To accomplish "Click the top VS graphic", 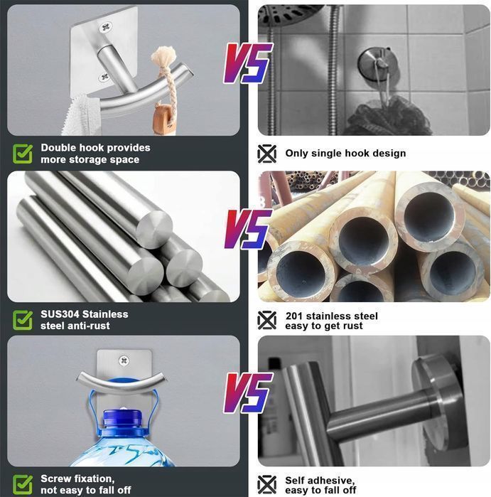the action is [x=247, y=63].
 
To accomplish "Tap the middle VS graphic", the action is [x=247, y=229].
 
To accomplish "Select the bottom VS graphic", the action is [x=247, y=392].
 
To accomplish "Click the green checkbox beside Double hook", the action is [x=23, y=154].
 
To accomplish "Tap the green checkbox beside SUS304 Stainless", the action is [x=23, y=320].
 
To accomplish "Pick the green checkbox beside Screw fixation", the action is [x=23, y=485].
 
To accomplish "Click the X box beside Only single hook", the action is [x=266, y=154].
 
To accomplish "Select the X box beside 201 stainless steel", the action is [x=266, y=320].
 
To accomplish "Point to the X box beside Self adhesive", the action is [x=266, y=485].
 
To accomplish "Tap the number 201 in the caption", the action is [x=295, y=316].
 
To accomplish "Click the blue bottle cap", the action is [x=122, y=418].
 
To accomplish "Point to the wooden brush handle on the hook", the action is [x=163, y=119].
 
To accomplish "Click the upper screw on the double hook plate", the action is [x=106, y=26].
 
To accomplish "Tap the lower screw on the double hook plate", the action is [x=104, y=77].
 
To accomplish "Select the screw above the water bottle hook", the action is [x=124, y=360].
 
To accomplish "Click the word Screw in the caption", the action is [x=56, y=479].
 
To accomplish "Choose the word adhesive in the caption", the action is [x=332, y=481].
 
